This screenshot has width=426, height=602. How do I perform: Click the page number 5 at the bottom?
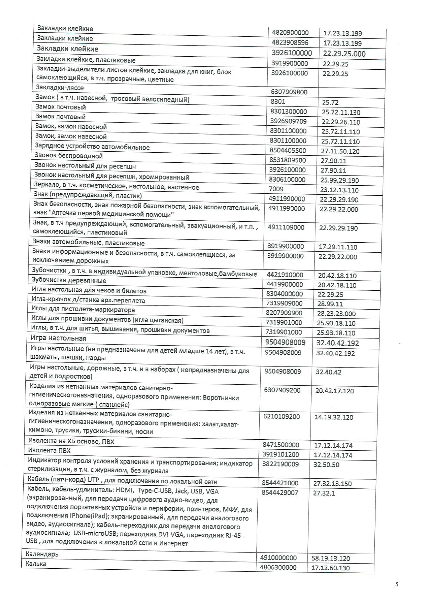pos(397,584)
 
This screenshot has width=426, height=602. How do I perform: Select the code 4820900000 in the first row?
pos(290,33)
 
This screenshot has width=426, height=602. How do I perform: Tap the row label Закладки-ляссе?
pos(60,88)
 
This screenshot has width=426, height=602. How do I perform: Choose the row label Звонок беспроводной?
pos(69,156)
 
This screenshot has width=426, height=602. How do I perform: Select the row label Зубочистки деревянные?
pos(69,280)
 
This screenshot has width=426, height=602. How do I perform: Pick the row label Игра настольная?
pos(58,338)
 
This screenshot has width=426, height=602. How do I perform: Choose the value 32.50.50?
pos(326,465)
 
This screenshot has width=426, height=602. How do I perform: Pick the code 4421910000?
pos(285,275)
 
